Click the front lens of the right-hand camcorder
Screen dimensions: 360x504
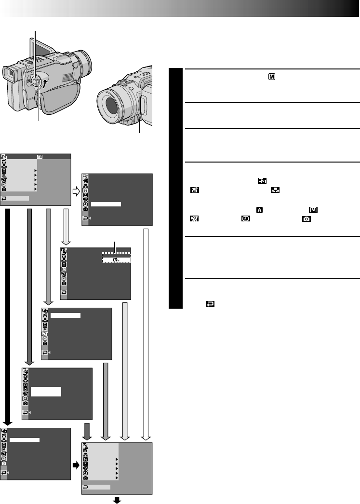click(114, 105)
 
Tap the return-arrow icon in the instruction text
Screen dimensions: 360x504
click(210, 304)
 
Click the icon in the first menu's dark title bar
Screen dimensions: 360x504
click(40, 157)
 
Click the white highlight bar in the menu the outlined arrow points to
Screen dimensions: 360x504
click(106, 204)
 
